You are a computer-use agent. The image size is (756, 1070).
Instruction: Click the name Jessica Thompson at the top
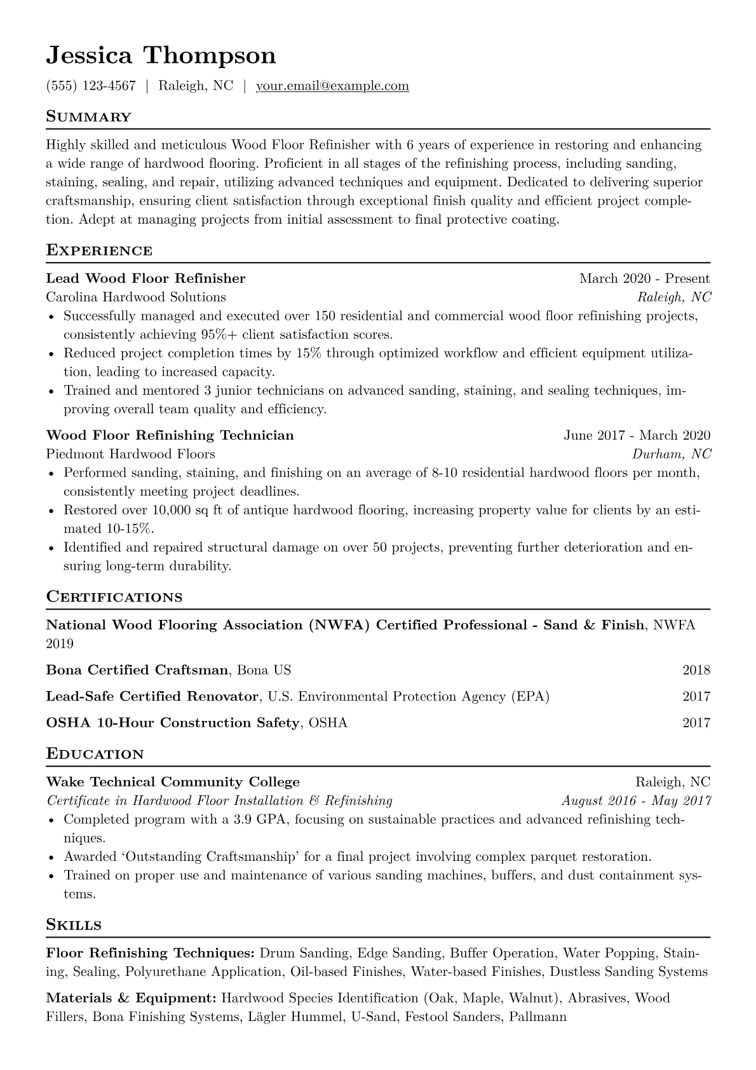pos(161,56)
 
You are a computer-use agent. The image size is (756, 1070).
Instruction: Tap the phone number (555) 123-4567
pos(91,86)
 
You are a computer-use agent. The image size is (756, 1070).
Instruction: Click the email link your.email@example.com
pos(332,86)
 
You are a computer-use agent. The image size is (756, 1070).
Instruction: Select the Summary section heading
pos(89,117)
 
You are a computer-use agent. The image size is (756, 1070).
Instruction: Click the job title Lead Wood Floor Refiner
pos(145,278)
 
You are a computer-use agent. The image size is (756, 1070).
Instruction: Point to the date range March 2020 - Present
pos(644,278)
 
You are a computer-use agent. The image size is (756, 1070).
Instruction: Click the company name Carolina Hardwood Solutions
pos(136,297)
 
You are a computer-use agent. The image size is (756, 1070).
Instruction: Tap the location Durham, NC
pos(672,454)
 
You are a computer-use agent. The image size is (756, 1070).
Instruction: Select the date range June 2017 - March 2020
pos(637,436)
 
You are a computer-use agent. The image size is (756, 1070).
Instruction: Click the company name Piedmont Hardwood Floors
pos(130,454)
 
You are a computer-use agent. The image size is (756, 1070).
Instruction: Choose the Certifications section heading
pos(114,597)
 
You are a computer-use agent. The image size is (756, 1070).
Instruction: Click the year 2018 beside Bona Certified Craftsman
pos(696,670)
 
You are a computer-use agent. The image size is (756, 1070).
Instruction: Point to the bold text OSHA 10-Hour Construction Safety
pos(173,723)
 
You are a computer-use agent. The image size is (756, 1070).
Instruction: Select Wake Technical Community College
pos(173,782)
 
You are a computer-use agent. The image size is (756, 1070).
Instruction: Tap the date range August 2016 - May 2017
pos(636,801)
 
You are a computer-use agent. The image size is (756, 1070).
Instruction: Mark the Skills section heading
pos(74,925)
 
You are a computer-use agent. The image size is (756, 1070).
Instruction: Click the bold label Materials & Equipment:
pos(132,998)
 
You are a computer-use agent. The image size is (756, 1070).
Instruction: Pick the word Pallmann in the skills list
pos(537,1017)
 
